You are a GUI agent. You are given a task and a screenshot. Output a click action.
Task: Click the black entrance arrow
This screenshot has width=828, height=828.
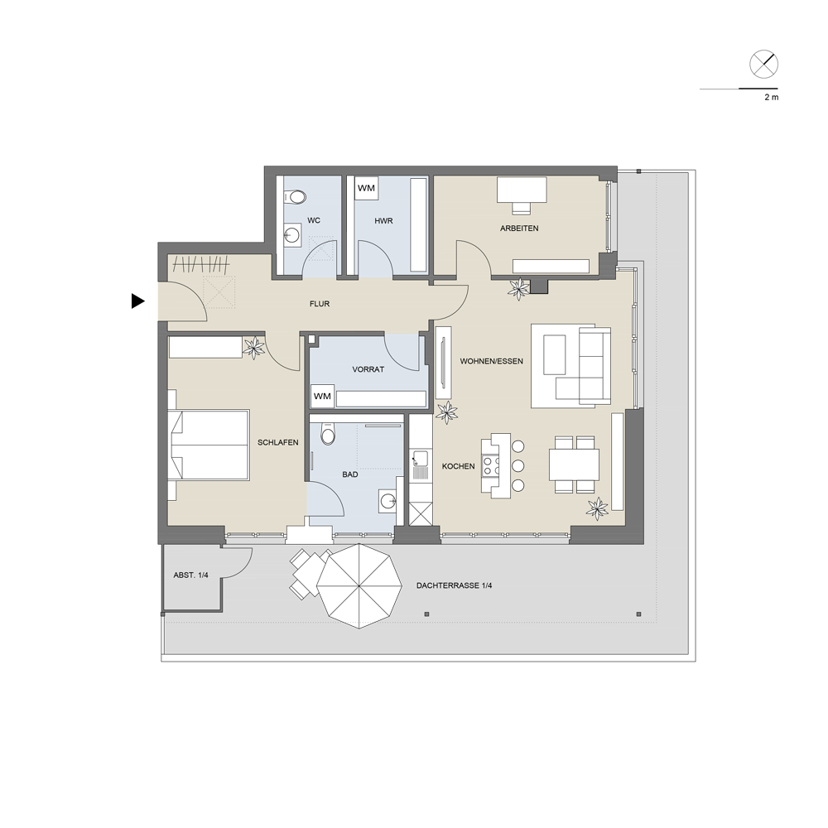[x=137, y=301]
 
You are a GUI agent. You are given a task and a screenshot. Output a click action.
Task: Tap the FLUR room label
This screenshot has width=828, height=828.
[x=320, y=304]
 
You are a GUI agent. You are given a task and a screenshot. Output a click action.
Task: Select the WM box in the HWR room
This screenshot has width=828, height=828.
[x=367, y=188]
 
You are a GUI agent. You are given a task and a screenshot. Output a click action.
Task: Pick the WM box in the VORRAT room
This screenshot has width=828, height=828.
[x=322, y=396]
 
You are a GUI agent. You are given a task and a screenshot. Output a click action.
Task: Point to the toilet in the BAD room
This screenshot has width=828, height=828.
[x=329, y=434]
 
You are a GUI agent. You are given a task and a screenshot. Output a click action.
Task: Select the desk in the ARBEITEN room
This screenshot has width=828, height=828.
[x=522, y=190]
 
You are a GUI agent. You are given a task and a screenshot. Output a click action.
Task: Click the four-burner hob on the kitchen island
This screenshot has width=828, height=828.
[x=490, y=465]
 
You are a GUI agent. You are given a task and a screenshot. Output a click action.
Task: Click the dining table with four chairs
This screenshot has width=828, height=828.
[x=574, y=465]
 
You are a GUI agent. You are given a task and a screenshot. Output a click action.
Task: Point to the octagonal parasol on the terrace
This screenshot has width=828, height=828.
[x=359, y=586]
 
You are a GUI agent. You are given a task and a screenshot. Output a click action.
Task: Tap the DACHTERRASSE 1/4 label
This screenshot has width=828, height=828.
[x=454, y=585]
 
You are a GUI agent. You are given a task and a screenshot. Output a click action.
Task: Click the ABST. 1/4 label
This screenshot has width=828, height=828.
[x=190, y=575]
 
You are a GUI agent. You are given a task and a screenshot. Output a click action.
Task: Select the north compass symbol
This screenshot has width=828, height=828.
[x=763, y=65]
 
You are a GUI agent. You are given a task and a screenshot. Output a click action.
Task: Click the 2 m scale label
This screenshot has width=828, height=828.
[x=772, y=97]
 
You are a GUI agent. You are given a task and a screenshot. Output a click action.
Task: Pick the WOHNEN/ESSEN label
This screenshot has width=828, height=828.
[x=492, y=361]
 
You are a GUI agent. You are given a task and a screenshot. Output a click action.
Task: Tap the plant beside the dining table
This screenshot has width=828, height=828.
[x=598, y=508]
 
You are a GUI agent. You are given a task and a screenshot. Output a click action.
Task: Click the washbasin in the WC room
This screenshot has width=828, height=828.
[x=292, y=234]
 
